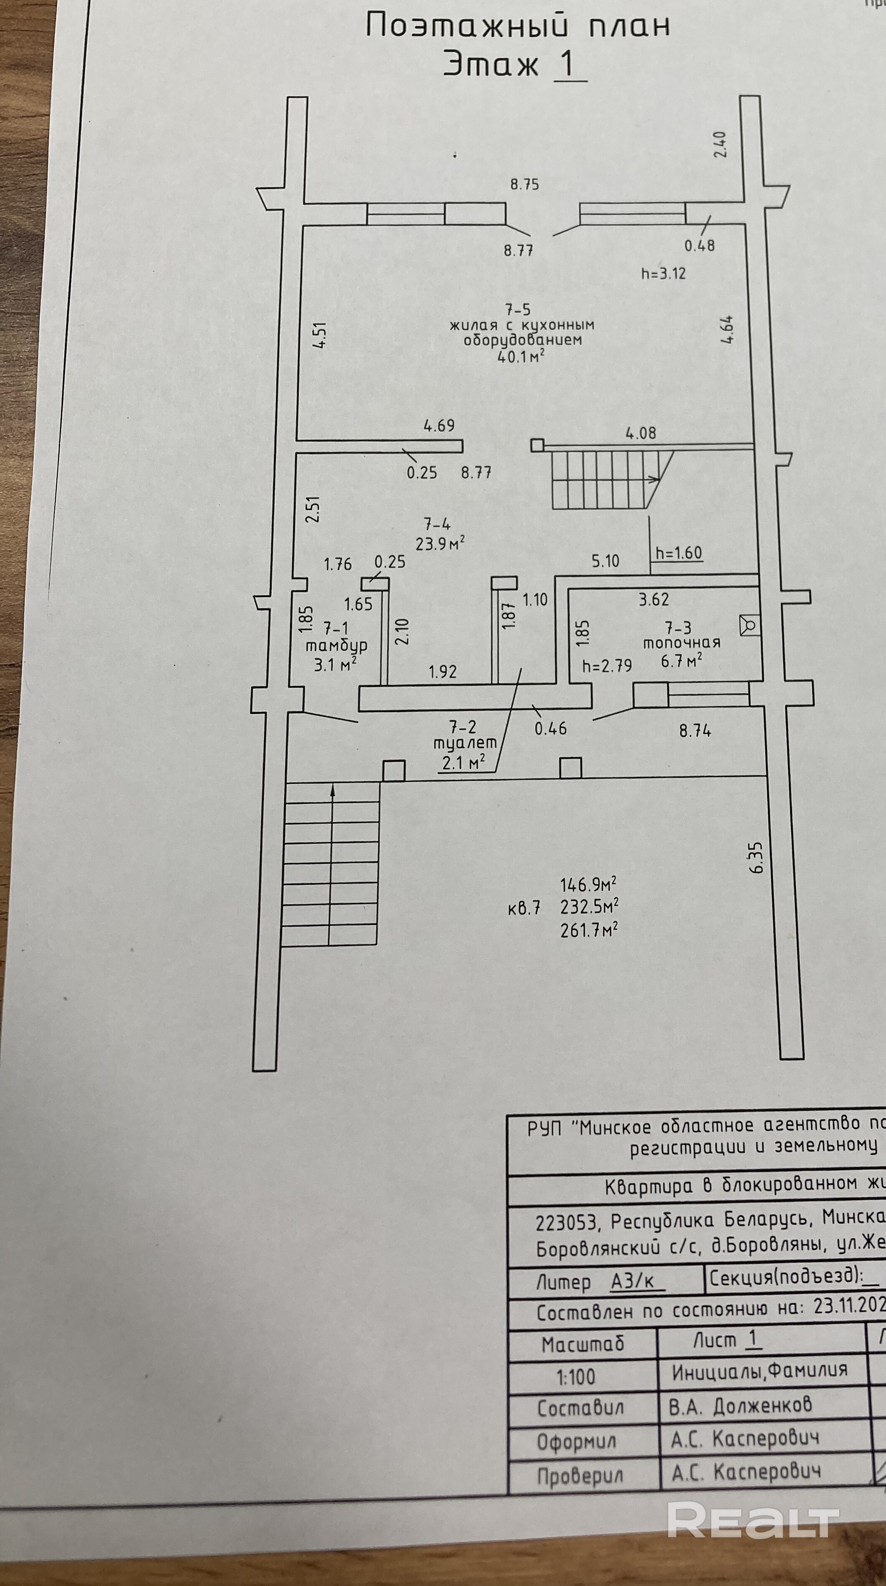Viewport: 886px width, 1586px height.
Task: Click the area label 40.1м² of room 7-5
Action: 520,356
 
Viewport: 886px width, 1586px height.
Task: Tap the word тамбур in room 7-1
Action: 337,645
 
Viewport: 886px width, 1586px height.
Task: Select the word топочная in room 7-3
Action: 682,643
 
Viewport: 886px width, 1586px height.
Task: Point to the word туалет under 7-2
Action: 465,743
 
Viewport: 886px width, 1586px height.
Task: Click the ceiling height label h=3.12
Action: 664,273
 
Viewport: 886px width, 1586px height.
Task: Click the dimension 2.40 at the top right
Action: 720,145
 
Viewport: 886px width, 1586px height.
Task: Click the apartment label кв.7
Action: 524,908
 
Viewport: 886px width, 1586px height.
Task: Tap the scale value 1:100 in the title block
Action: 576,1377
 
